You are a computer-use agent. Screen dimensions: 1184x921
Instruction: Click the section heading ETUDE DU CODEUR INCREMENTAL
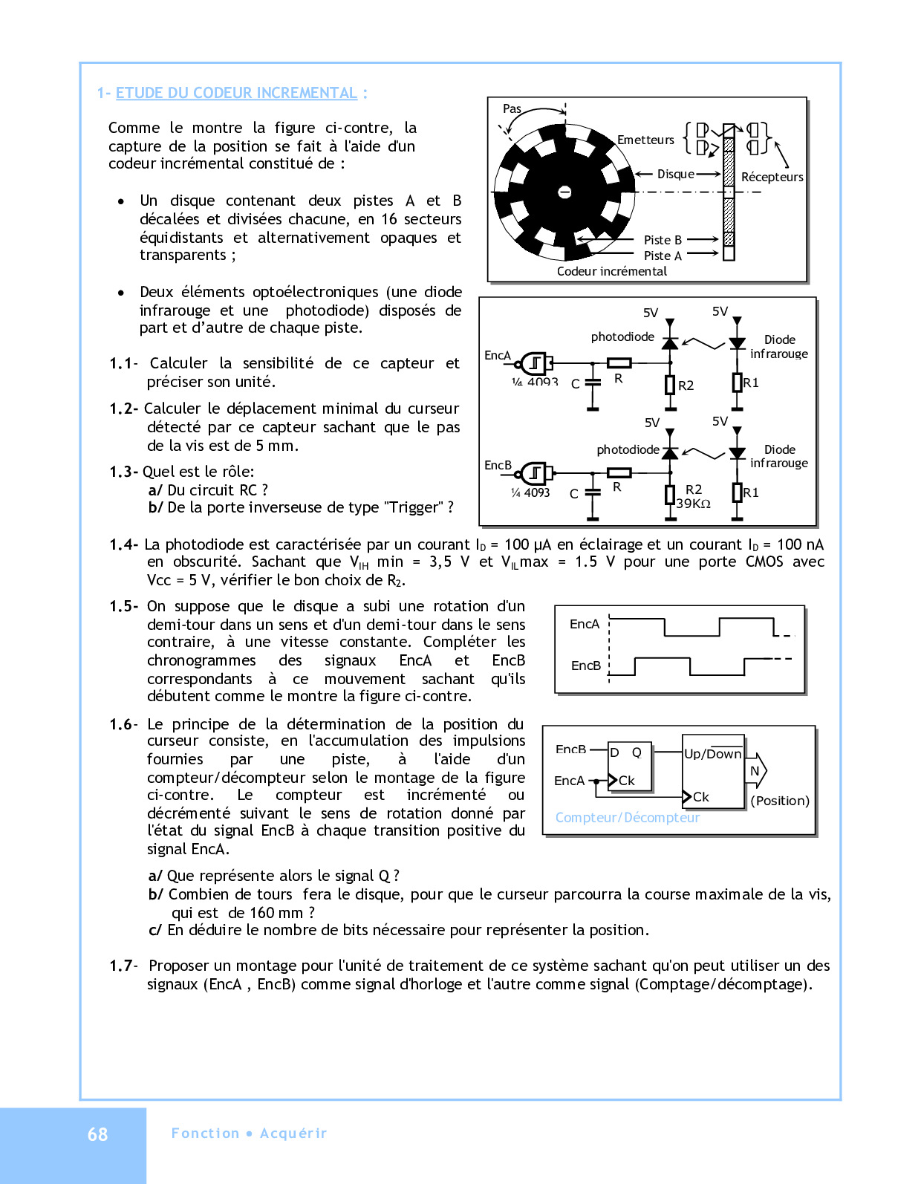236,93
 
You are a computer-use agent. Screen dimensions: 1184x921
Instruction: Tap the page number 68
97,1134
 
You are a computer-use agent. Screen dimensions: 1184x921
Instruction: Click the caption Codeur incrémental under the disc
611,271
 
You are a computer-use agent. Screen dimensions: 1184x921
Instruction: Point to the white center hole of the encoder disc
564,192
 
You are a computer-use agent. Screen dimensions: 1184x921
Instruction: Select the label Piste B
663,240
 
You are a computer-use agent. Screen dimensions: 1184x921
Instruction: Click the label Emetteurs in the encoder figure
645,140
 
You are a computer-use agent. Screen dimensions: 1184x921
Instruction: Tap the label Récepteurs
772,177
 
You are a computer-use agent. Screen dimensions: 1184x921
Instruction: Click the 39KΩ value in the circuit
693,504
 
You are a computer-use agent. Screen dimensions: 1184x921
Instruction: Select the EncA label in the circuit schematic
498,355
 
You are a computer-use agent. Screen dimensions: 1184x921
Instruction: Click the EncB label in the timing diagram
585,666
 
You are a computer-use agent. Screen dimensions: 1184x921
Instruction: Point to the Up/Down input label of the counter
712,754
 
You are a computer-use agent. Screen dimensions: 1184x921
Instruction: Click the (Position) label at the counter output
780,801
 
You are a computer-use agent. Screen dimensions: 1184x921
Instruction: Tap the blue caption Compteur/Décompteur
628,818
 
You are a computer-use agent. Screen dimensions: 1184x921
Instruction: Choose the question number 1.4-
123,544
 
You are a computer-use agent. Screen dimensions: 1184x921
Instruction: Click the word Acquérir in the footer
293,1133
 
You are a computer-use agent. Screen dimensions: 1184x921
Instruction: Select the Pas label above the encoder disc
512,108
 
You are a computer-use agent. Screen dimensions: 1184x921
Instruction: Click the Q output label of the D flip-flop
637,752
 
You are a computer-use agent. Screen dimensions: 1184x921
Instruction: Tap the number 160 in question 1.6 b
260,913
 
